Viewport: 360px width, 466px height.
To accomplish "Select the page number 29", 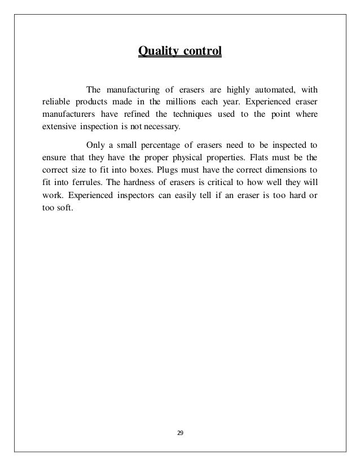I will (180, 433).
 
